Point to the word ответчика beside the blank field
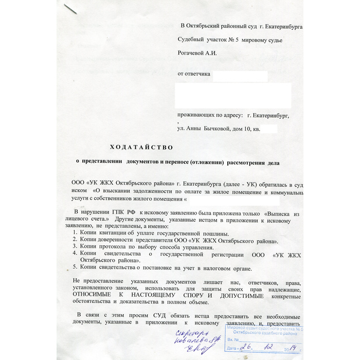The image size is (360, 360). (x=194, y=74)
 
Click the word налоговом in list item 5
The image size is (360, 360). (x=200, y=267)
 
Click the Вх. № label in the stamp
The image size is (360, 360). (x=233, y=340)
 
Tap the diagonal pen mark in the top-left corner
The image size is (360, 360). (x=70, y=9)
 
